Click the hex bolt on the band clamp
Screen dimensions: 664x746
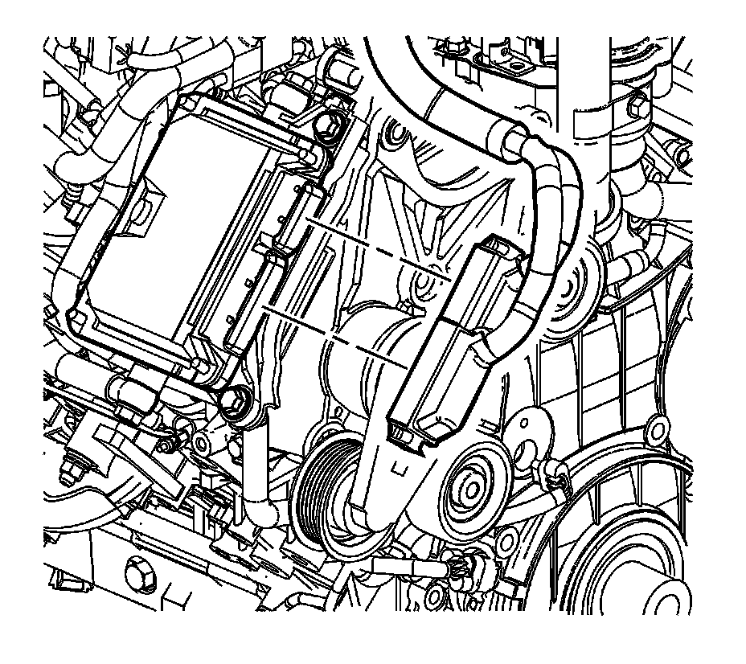click(639, 104)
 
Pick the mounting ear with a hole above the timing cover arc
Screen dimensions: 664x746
click(659, 426)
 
